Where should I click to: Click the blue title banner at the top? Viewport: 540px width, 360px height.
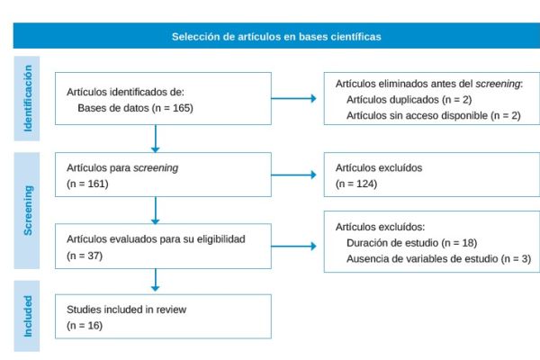coord(276,37)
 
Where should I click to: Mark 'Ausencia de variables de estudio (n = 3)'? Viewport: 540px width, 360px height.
coord(438,258)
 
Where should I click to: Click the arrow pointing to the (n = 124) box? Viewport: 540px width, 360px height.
coord(297,175)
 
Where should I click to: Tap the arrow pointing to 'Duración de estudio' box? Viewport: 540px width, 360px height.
coord(297,246)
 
